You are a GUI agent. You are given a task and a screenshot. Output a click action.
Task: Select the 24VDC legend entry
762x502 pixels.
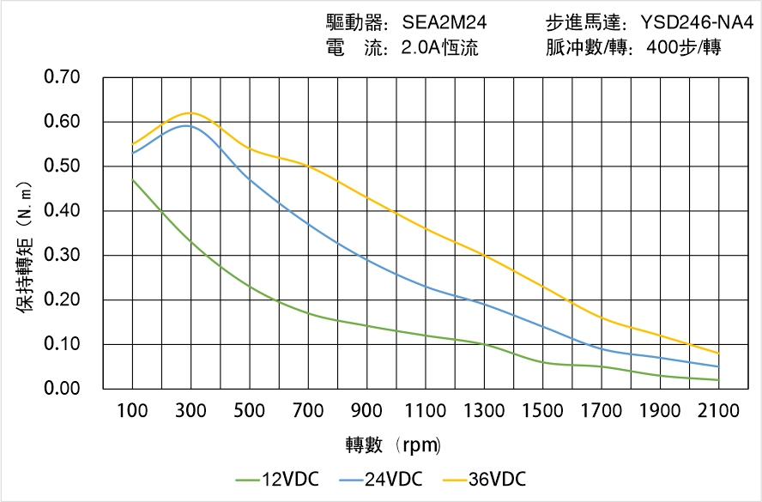(381, 479)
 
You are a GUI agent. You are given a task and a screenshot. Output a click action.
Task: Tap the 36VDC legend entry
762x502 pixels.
(484, 479)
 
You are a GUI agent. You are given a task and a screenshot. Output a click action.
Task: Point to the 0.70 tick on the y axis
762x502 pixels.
(61, 77)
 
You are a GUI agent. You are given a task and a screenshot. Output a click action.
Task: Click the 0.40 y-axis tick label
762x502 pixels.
(61, 210)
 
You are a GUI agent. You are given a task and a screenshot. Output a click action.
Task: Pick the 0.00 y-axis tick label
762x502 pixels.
(61, 389)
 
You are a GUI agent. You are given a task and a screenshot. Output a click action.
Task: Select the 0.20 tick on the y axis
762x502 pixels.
(61, 299)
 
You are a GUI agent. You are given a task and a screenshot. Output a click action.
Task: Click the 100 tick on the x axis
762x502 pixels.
(132, 411)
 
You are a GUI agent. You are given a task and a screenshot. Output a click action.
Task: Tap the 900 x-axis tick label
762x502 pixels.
(366, 411)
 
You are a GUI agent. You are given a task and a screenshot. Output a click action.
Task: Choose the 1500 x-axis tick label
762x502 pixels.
(542, 411)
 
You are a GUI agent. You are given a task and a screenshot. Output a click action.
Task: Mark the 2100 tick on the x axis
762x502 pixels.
(718, 411)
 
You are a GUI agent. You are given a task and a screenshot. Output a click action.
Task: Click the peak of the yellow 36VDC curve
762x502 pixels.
(190, 112)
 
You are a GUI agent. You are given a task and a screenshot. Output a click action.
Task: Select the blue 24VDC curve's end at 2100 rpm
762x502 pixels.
(718, 366)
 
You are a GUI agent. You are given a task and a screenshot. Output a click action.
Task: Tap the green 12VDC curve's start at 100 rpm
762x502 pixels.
(132, 179)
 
